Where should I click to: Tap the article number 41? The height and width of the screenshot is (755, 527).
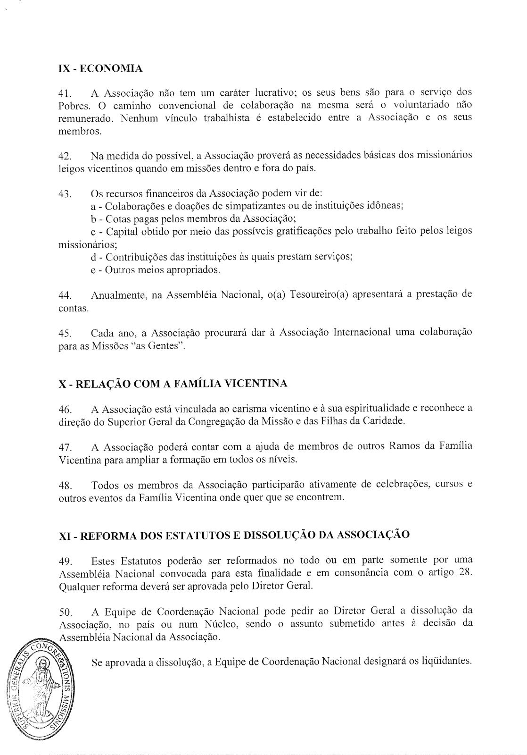tap(65, 93)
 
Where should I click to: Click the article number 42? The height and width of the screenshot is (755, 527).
tap(65, 156)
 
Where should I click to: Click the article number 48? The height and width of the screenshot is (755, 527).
tap(65, 485)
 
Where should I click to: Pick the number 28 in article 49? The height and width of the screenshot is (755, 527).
tap(464, 573)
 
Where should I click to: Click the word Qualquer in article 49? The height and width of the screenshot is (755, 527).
tap(77, 586)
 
